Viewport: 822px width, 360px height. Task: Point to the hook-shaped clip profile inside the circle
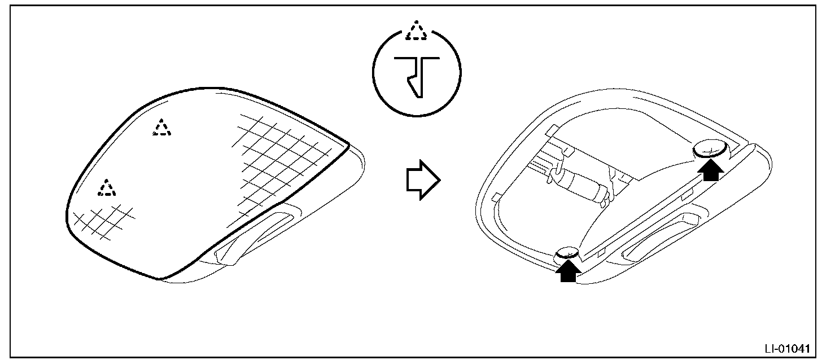[417, 74]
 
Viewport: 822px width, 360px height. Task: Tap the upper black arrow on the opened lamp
[711, 169]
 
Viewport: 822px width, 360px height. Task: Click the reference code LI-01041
[789, 348]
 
